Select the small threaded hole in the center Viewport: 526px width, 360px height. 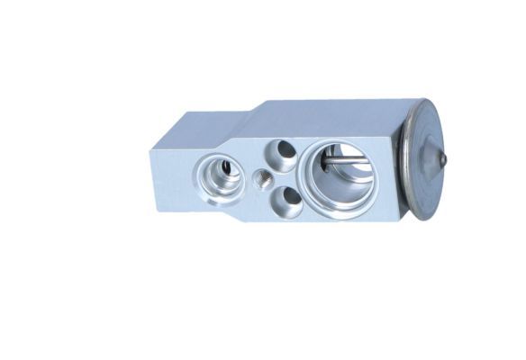tap(262, 178)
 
